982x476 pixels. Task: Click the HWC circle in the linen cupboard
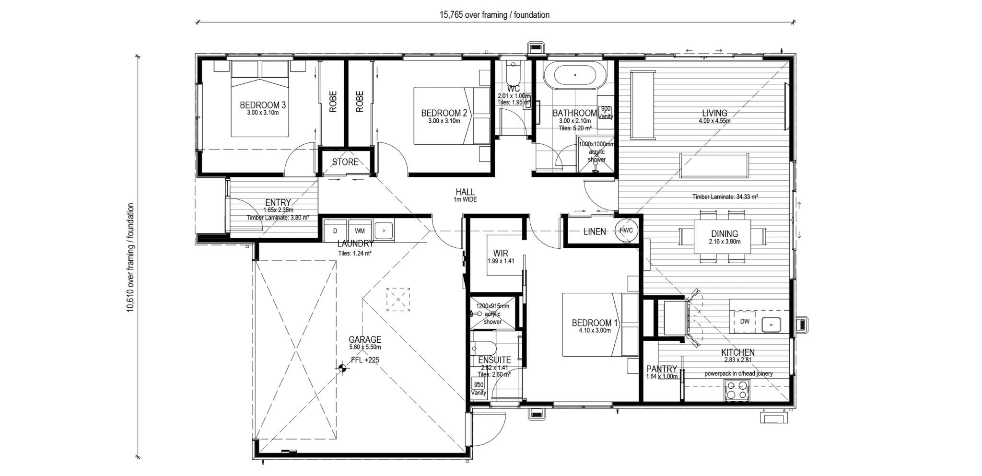(x=626, y=231)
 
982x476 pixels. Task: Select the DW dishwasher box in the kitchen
(x=744, y=322)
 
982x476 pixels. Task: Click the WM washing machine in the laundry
(x=360, y=231)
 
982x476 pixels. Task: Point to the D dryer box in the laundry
(x=335, y=231)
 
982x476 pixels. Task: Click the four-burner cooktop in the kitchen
(x=736, y=390)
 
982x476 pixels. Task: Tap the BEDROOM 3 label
(x=263, y=104)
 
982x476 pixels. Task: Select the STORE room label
(x=345, y=162)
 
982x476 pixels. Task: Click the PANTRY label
(x=661, y=369)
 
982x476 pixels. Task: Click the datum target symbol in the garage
(x=341, y=368)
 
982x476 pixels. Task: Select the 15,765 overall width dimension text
(x=494, y=15)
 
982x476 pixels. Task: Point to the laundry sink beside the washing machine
(x=383, y=231)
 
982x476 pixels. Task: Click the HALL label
(x=465, y=192)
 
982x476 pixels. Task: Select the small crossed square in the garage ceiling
(x=398, y=300)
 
